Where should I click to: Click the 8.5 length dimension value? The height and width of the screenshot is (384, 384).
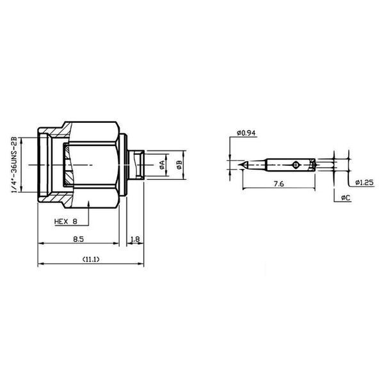[x=78, y=239]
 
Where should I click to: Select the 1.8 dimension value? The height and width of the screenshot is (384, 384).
[x=135, y=239]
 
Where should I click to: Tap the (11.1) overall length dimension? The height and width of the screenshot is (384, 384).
[x=91, y=259]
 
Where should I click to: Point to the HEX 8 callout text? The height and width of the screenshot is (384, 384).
[x=66, y=221]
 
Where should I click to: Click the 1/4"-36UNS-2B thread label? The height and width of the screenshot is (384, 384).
[x=15, y=165]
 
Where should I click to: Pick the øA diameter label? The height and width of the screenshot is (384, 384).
[x=162, y=165]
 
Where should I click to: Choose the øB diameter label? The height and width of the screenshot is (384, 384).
[x=179, y=165]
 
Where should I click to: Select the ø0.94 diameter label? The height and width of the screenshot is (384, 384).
[x=246, y=133]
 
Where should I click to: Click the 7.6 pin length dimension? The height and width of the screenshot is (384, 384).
[x=278, y=184]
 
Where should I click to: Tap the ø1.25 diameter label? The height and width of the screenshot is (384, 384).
[x=365, y=182]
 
